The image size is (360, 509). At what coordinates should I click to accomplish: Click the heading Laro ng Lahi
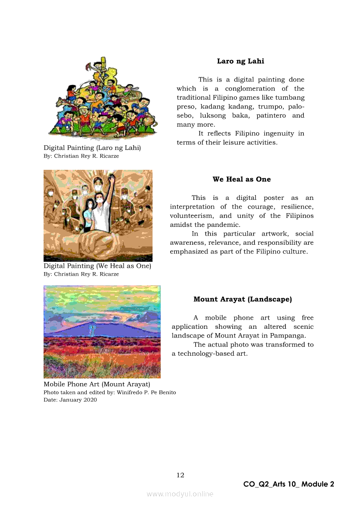coord(240,61)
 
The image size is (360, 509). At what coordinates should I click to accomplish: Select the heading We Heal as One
coord(241,179)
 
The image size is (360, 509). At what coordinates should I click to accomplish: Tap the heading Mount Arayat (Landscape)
coord(242,300)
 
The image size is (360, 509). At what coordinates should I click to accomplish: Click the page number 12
coord(180,475)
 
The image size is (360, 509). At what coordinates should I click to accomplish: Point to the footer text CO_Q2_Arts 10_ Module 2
coord(289,484)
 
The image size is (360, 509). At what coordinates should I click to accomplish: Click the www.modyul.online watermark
coord(180,494)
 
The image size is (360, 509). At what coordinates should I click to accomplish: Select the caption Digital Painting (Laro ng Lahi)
coord(92,148)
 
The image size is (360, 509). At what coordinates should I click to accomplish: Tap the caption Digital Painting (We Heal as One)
coord(97,266)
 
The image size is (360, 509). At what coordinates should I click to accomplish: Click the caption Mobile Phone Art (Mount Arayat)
coord(97,384)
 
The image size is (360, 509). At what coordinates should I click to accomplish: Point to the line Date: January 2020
coord(70,400)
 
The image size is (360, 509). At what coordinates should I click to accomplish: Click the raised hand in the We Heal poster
coord(112,179)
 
